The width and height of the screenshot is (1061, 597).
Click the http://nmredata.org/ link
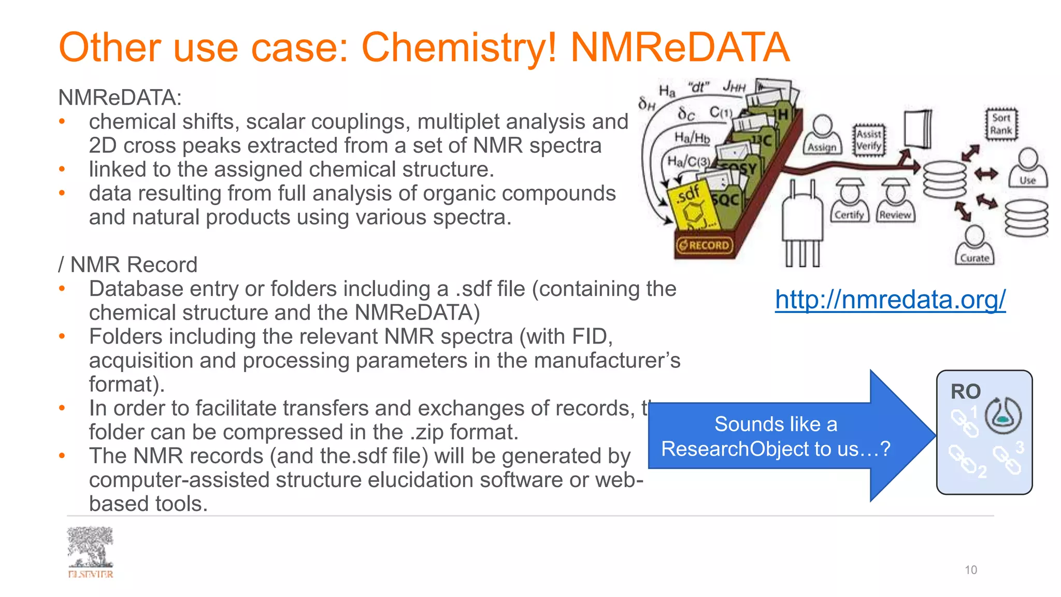coord(890,300)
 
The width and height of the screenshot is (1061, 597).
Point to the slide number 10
coord(970,570)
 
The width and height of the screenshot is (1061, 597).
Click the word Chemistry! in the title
coord(459,48)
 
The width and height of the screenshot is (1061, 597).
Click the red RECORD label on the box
coord(705,245)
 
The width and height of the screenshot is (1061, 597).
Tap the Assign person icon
coord(822,134)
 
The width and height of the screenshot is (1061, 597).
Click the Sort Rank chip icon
coord(1001,124)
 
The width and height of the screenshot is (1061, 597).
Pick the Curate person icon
coord(974,246)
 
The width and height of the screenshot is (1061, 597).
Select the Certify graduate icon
coord(849,201)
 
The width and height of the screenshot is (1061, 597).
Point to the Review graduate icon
coord(895,201)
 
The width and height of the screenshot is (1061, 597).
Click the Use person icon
coord(1028,167)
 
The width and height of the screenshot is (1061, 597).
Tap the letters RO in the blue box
coord(966,392)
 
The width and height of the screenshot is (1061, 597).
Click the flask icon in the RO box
coord(1003,416)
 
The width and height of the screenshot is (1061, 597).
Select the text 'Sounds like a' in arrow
coord(776,424)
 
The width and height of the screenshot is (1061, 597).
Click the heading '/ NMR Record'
coord(128,265)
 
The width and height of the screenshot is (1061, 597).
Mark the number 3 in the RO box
coord(1020,447)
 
